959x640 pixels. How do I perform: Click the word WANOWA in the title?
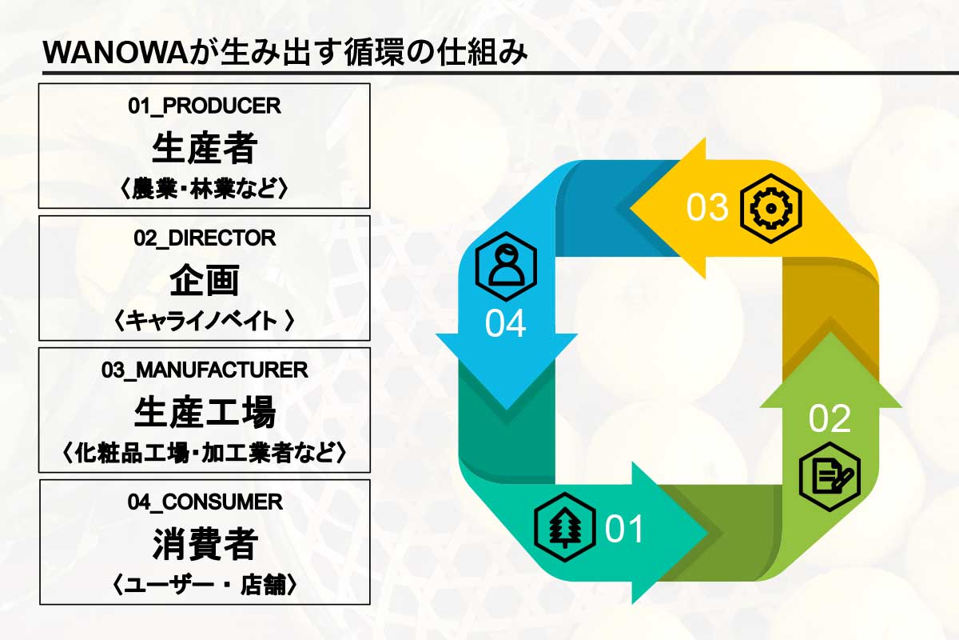[116, 53]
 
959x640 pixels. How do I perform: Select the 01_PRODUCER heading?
[205, 106]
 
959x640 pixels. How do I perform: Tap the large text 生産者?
[205, 148]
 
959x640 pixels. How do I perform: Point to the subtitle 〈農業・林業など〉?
[205, 189]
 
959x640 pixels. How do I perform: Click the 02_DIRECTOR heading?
[205, 238]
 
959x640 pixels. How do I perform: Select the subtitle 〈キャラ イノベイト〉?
[205, 321]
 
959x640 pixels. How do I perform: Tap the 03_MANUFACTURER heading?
[205, 370]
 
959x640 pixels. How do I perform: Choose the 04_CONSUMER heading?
[205, 502]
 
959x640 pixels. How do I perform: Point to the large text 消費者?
[205, 544]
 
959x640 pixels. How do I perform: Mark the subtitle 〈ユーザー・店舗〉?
[205, 585]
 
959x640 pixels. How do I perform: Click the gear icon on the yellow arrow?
[770, 209]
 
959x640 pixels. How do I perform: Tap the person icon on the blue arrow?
[506, 266]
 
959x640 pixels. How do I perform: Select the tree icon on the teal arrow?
[565, 527]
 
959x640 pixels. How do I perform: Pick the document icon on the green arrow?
[830, 477]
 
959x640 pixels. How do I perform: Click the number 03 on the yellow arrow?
[706, 207]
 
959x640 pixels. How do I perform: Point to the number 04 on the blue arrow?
[505, 324]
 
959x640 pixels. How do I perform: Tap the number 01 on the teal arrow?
[624, 529]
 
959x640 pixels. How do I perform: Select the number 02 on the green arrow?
[830, 419]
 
